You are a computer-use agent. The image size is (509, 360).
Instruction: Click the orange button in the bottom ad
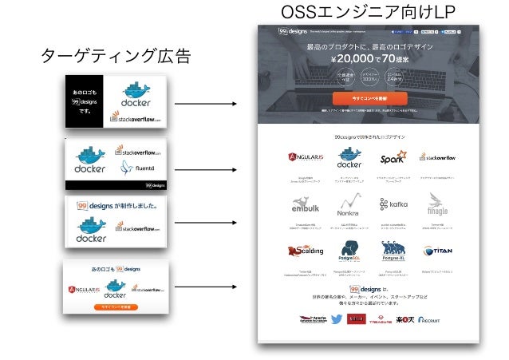point(116,307)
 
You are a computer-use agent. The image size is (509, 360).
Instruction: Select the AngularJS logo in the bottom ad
point(83,290)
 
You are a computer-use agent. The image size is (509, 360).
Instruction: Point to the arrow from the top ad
point(205,104)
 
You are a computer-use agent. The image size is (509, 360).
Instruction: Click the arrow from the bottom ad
point(205,286)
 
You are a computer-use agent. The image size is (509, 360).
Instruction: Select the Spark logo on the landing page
point(393,157)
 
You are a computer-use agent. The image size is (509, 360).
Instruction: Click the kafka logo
point(393,204)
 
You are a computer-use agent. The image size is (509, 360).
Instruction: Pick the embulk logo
point(305,205)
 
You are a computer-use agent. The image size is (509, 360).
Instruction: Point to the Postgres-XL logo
point(393,251)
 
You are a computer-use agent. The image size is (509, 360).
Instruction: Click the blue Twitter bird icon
point(336,319)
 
